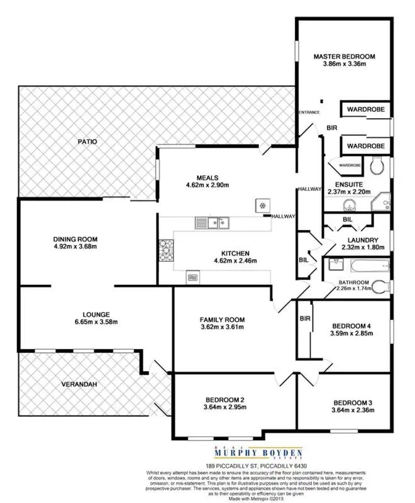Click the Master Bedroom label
click(340, 56)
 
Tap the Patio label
click(87, 141)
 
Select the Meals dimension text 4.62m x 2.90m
click(207, 185)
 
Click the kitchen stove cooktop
click(166, 250)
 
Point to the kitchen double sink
click(211, 221)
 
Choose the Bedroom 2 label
click(224, 400)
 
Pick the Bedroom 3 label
click(353, 402)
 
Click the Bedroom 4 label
click(352, 326)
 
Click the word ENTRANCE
click(309, 113)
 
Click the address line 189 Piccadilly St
click(207, 466)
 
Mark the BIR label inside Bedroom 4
click(306, 318)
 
